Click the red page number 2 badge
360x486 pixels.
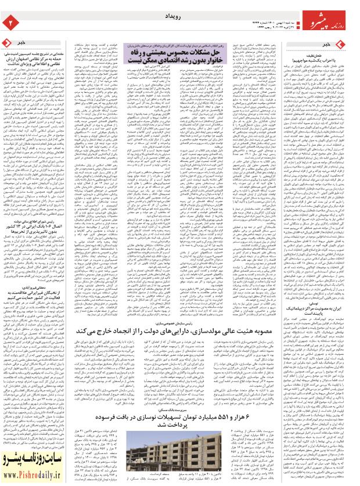coord(10,21)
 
